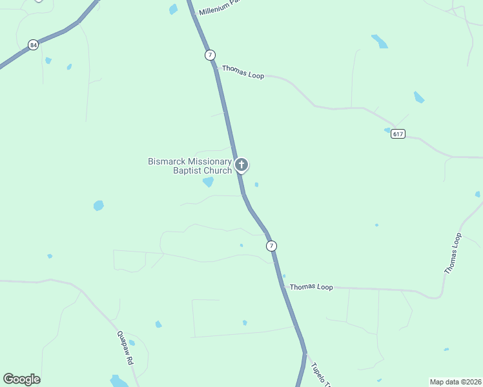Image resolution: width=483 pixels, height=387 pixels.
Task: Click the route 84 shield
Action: click(x=33, y=45)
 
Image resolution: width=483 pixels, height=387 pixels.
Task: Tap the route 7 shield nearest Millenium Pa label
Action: click(x=210, y=55)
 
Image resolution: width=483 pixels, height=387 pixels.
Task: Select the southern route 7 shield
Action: click(x=271, y=246)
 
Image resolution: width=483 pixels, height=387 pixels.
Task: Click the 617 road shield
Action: click(x=398, y=134)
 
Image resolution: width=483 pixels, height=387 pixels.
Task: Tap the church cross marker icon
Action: click(x=241, y=164)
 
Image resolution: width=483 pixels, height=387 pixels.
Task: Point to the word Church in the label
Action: click(x=218, y=171)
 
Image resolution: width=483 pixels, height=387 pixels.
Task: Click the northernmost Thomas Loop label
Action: click(x=243, y=72)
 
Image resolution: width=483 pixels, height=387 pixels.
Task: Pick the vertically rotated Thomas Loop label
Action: click(x=454, y=253)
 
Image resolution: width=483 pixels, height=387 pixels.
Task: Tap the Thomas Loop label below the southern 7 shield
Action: click(x=311, y=287)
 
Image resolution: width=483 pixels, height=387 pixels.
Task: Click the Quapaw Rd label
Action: click(x=125, y=348)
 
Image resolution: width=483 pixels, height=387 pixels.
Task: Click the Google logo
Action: click(x=21, y=379)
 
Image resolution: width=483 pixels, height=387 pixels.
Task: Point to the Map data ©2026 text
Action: click(x=455, y=382)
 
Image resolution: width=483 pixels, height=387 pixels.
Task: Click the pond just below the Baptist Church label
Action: click(x=208, y=182)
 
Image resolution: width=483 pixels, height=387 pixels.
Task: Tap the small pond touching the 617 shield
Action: click(x=387, y=130)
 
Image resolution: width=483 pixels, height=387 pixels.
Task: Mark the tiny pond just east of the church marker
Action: click(x=256, y=184)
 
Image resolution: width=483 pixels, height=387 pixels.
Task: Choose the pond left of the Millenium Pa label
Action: click(x=173, y=9)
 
